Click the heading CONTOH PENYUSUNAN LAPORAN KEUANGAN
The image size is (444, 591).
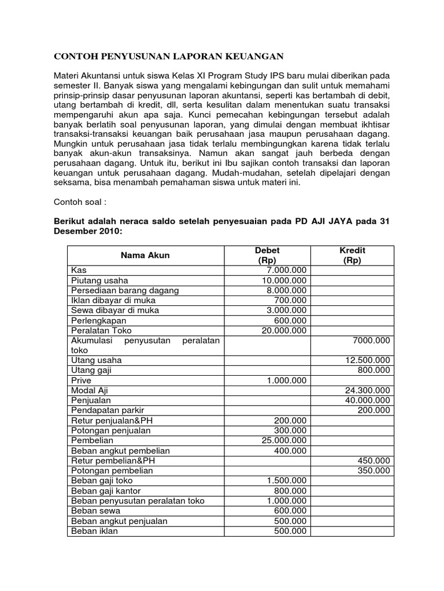[168, 56]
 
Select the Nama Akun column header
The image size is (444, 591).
[145, 255]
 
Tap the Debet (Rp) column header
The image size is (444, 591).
[267, 255]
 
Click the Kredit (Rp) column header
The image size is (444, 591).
[352, 255]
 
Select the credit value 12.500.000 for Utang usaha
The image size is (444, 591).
[367, 360]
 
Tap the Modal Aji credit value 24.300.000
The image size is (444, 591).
[367, 390]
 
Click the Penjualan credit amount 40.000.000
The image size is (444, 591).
[367, 400]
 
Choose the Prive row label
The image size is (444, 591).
[82, 380]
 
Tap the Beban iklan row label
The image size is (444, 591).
[94, 531]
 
